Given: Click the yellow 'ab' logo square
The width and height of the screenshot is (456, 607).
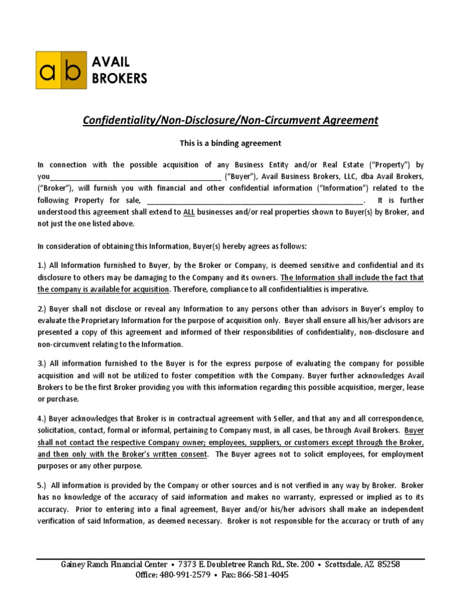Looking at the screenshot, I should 61,70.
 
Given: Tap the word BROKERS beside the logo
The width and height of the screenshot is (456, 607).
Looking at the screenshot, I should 119,78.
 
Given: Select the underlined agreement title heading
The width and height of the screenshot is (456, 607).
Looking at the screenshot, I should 230,120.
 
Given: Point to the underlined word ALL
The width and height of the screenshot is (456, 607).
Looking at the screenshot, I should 189,212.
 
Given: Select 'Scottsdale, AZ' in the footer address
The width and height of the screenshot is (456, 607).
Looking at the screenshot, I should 341,564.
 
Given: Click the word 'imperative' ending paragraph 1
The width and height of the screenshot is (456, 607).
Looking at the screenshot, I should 350,289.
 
